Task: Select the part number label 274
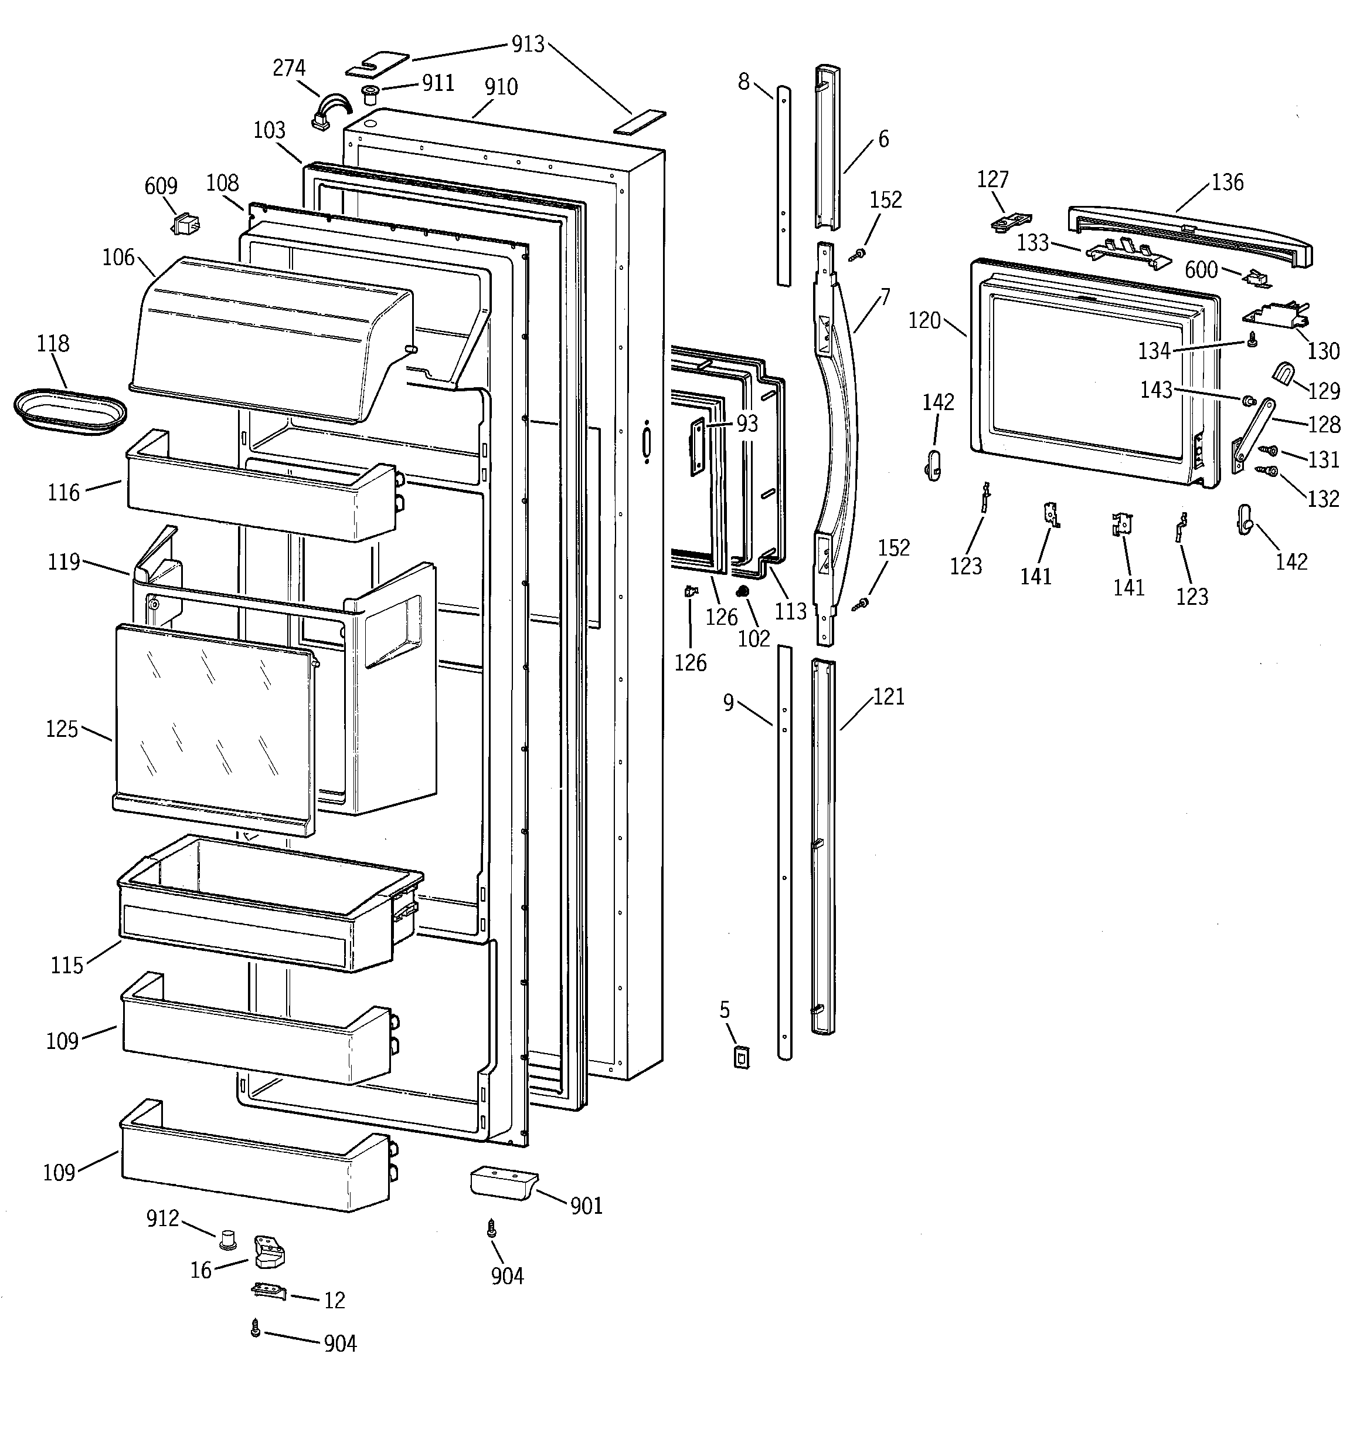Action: [289, 68]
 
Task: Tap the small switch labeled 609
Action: [187, 225]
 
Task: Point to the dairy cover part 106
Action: [270, 336]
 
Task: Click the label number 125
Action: [62, 728]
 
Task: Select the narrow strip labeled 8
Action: [783, 186]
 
